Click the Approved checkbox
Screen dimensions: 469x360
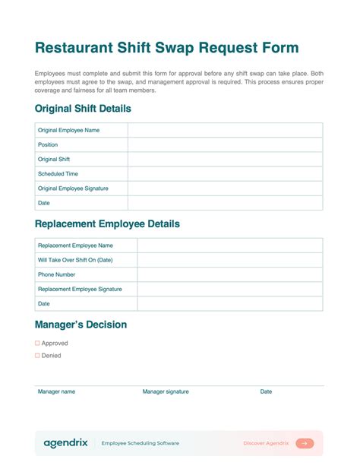click(x=37, y=343)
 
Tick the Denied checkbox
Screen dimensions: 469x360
click(x=37, y=355)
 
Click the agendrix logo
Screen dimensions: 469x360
click(x=65, y=442)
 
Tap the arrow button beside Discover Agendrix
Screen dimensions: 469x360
click(x=305, y=443)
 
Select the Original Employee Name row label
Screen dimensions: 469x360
click(x=68, y=130)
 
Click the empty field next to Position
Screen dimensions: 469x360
click(x=225, y=144)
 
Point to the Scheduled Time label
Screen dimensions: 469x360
click(x=58, y=173)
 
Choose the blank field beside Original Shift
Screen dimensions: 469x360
click(x=225, y=159)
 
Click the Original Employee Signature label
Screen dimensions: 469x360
click(x=73, y=188)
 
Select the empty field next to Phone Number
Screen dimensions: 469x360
click(x=229, y=274)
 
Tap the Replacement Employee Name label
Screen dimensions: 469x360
click(x=75, y=246)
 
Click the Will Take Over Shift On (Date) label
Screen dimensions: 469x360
click(x=75, y=260)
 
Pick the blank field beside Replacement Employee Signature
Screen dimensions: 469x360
click(x=229, y=289)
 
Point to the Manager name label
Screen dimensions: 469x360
click(x=57, y=391)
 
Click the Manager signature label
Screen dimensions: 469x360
click(x=166, y=391)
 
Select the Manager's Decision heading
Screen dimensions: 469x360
click(x=81, y=325)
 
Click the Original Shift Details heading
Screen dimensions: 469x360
click(x=83, y=109)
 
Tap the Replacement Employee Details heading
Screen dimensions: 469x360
click(x=107, y=224)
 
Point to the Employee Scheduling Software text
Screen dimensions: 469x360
click(x=141, y=443)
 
